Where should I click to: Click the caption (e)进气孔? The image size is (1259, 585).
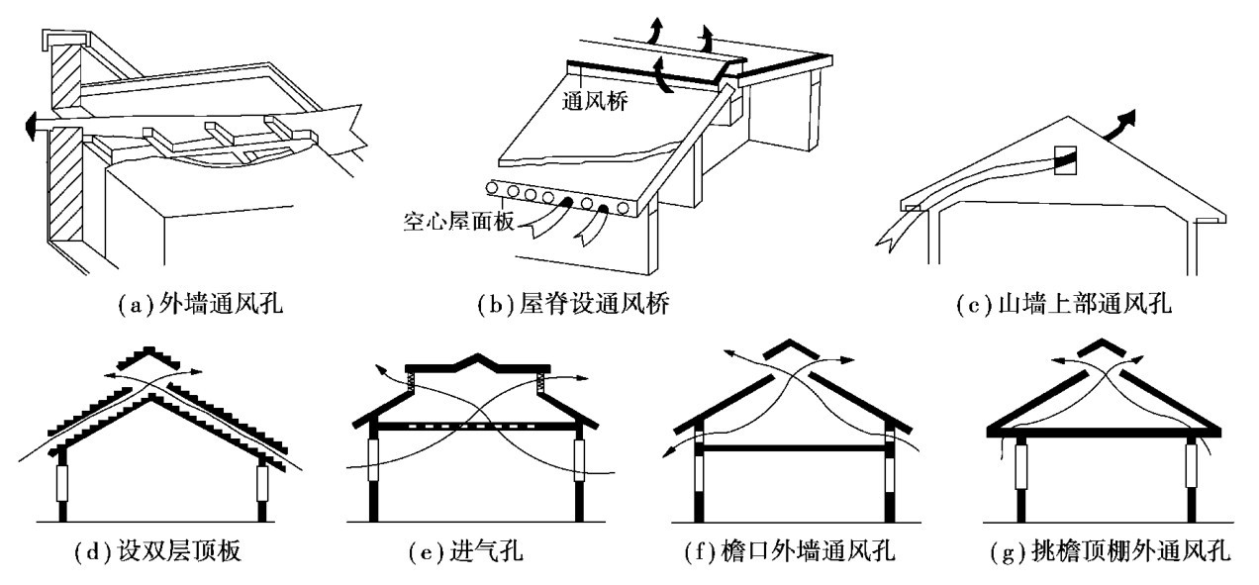467,550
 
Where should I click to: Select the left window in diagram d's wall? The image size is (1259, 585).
62,484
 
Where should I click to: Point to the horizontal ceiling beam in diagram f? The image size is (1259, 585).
793,448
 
